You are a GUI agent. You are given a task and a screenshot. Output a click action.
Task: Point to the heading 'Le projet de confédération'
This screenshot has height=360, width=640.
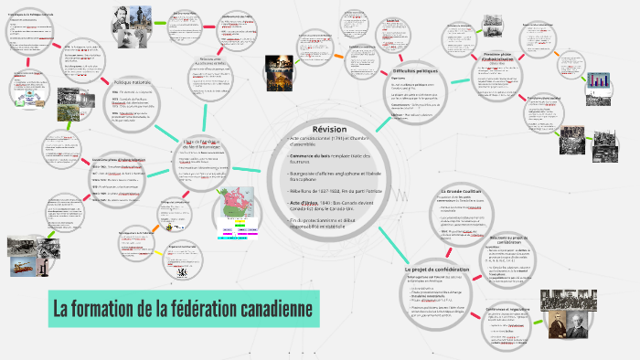(x=436, y=270)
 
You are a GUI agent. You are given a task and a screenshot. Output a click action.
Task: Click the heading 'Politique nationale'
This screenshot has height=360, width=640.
(x=133, y=82)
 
